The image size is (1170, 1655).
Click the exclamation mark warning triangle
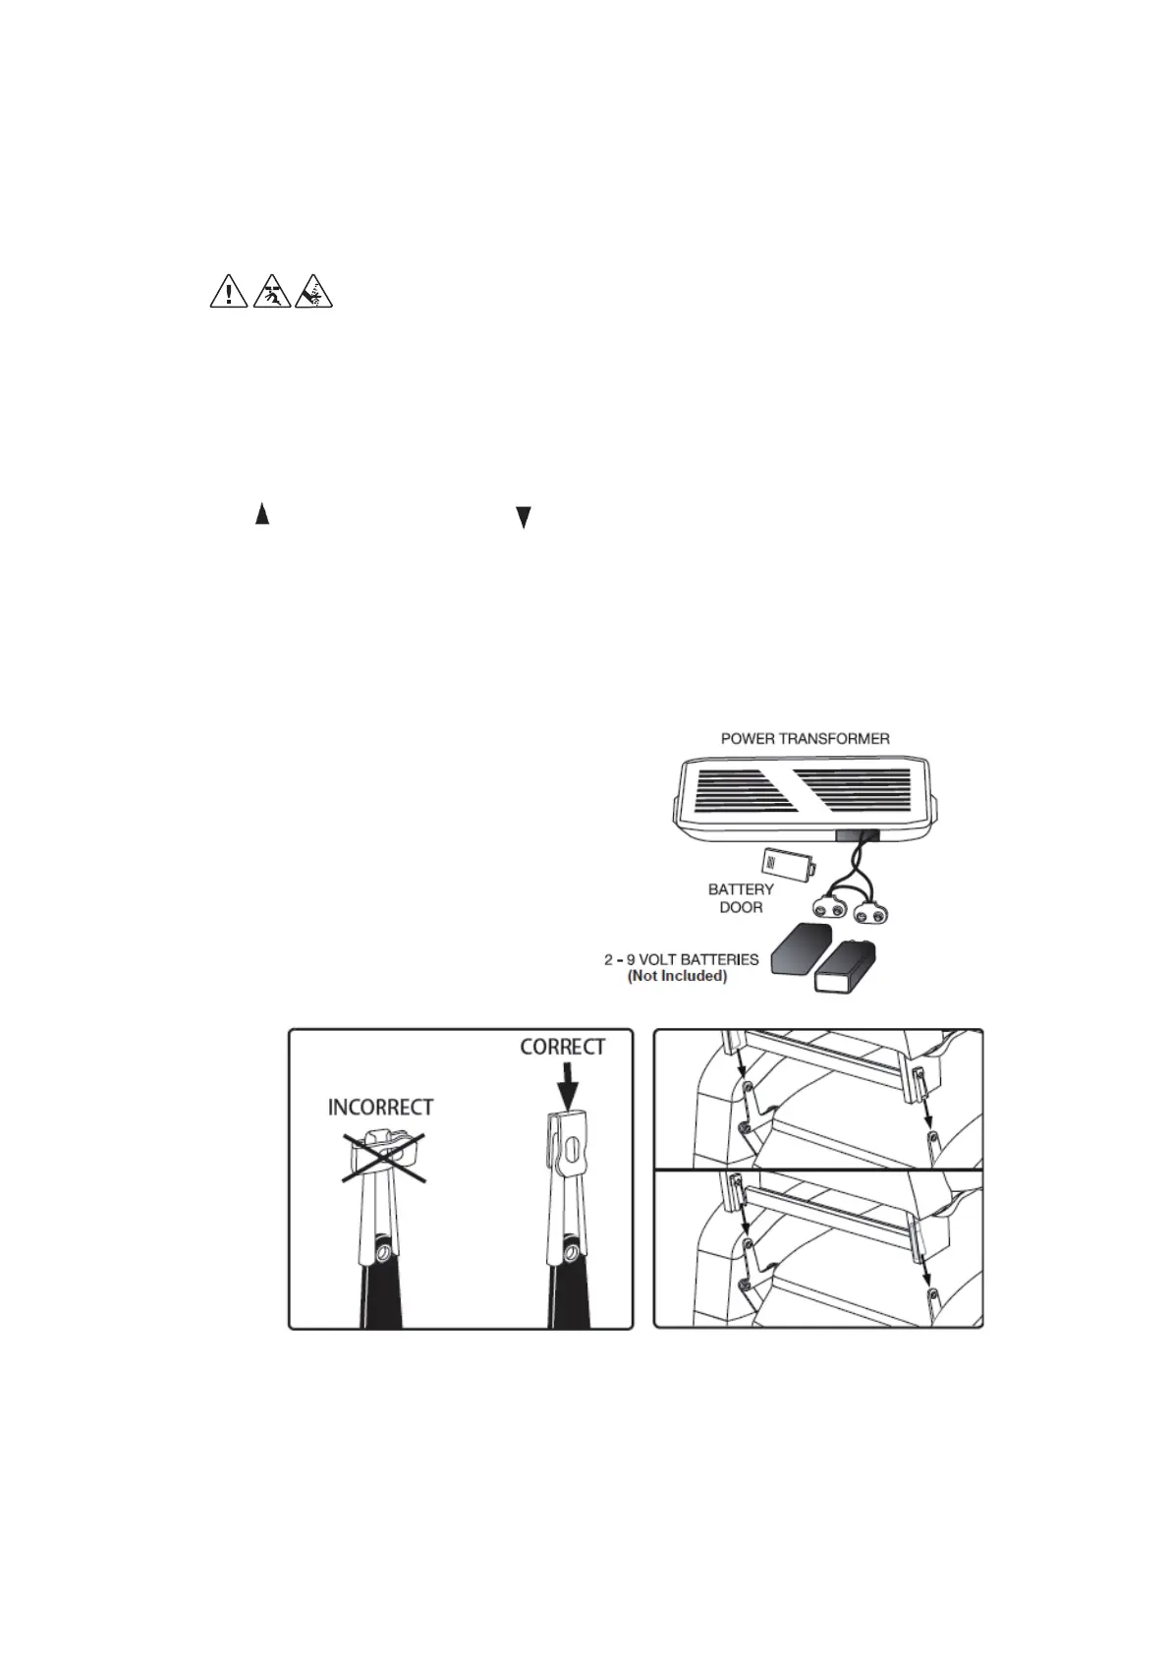228,293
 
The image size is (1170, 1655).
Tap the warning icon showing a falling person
270,293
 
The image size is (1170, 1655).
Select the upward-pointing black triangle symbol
262,513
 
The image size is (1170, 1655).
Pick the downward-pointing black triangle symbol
524,518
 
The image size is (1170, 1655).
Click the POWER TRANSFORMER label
806,738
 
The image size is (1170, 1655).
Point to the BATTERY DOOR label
741,898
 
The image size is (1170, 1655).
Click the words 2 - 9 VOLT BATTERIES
681,958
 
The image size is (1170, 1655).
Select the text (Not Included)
678,976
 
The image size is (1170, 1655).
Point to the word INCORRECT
380,1108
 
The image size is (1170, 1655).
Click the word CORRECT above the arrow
563,1048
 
